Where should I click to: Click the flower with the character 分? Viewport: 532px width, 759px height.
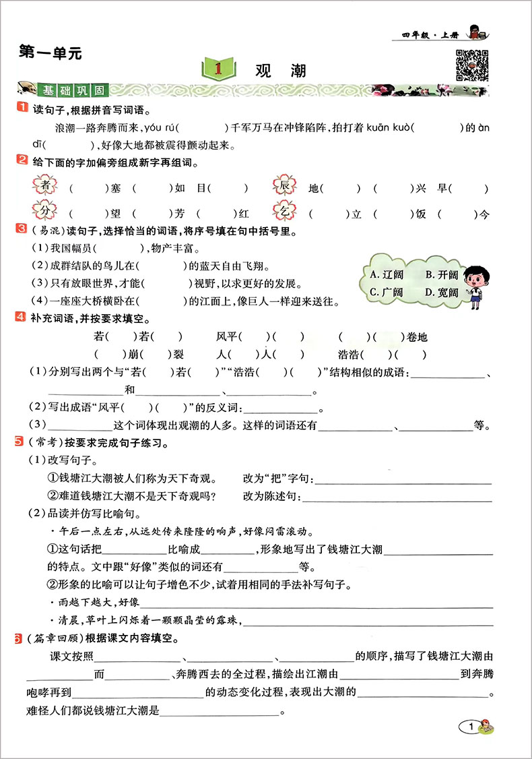pos(46,214)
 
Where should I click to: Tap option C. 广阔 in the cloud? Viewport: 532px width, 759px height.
pos(387,293)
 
